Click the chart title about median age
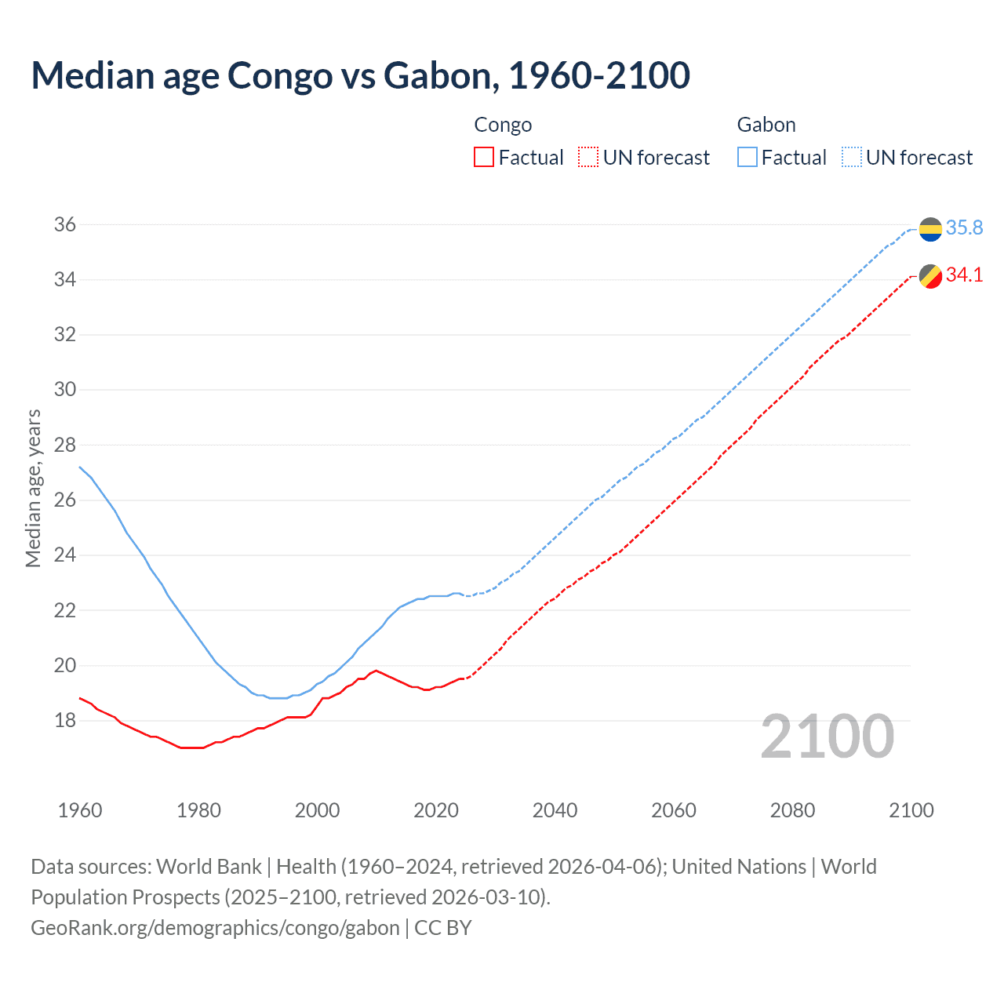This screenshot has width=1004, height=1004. [x=360, y=75]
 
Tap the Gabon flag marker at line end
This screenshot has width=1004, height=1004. [x=930, y=229]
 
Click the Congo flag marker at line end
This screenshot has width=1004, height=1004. [x=930, y=277]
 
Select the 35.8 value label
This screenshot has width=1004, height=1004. [x=964, y=227]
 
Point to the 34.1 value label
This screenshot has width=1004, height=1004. [x=964, y=275]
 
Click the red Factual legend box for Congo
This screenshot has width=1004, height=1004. [x=484, y=158]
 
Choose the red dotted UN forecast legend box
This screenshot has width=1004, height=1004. [x=588, y=158]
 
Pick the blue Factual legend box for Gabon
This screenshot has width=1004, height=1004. [x=748, y=158]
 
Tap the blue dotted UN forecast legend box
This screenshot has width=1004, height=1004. [x=852, y=158]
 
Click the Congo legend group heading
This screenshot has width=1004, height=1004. [x=503, y=125]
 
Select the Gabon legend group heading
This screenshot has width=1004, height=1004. [x=766, y=125]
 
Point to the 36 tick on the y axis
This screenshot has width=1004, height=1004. [x=65, y=225]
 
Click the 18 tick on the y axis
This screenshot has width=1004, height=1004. [x=65, y=720]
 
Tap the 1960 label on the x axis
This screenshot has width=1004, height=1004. [x=80, y=810]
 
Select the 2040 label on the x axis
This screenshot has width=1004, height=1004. [x=555, y=810]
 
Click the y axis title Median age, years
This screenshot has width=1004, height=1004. [x=33, y=488]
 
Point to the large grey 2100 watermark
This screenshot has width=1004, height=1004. [x=827, y=736]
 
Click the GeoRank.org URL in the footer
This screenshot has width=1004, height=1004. [x=215, y=928]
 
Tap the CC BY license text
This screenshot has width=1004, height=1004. [x=443, y=928]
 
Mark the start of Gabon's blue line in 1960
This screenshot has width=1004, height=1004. [x=80, y=467]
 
